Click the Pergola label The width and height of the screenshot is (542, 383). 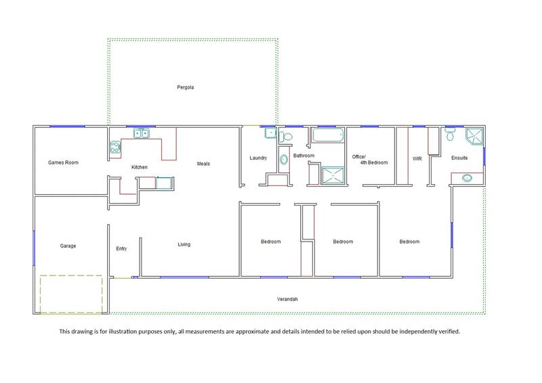tap(185, 87)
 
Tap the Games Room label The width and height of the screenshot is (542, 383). tap(63, 162)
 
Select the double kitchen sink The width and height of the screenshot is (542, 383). tap(142, 133)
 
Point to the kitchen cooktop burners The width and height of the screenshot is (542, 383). tap(115, 147)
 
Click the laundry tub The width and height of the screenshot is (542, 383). tap(270, 133)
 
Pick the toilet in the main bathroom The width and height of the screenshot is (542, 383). tap(285, 137)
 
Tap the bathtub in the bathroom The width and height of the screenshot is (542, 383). tap(328, 135)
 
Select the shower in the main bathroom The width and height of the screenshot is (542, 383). tap(333, 175)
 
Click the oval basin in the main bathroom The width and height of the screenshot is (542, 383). tap(284, 160)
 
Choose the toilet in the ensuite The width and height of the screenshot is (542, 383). tap(450, 134)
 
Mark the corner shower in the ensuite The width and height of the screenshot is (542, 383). tap(474, 137)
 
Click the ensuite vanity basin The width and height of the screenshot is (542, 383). tap(467, 178)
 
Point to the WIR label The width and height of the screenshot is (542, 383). tap(417, 159)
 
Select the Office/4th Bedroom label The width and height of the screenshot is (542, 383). tap(370, 160)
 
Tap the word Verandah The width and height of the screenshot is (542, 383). tap(287, 299)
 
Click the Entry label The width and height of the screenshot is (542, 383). tap(121, 248)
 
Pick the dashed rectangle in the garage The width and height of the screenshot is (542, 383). tap(71, 294)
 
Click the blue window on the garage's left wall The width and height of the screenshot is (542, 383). tap(34, 248)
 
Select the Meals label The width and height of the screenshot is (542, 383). tap(203, 164)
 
